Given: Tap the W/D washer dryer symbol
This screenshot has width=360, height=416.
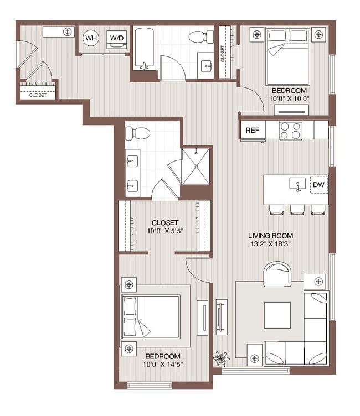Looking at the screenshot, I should click(x=117, y=38).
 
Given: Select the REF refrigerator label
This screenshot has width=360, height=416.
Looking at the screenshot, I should click(x=253, y=131).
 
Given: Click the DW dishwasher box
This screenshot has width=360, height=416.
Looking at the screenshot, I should click(x=318, y=185).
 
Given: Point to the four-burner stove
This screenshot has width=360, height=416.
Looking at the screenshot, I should click(x=290, y=131).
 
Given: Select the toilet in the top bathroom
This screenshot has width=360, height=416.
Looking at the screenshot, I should click(x=198, y=37).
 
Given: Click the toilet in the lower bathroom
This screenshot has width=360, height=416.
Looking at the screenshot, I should click(x=137, y=133).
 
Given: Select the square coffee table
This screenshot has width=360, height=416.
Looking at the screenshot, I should click(x=276, y=315).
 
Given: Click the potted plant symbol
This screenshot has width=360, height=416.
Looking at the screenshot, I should click(x=221, y=358).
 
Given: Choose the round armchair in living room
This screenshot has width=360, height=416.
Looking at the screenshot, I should click(x=277, y=274).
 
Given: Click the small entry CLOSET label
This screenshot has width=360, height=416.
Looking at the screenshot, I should click(x=38, y=95).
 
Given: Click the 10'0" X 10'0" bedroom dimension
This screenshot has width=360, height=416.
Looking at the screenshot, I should click(x=289, y=98).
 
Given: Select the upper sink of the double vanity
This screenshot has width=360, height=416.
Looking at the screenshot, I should click(x=133, y=162).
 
